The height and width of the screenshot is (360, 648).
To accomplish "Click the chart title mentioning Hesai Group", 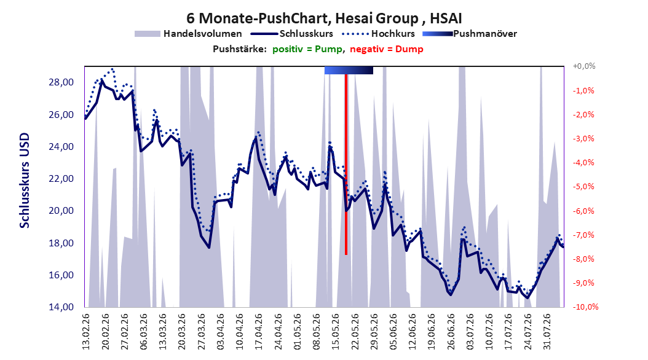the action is (x=324, y=18).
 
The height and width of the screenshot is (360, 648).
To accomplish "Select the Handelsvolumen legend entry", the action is (x=189, y=34).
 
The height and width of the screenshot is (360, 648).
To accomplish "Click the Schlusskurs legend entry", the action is (x=292, y=34).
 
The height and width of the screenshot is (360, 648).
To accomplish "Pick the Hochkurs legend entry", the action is (x=378, y=34).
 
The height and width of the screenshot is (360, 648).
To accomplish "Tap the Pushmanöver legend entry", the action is (x=470, y=34).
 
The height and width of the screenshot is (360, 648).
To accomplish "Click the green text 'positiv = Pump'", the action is (x=307, y=49).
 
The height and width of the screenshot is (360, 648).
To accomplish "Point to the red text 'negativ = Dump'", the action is (x=387, y=49).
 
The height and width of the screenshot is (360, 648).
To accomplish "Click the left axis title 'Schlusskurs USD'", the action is (x=25, y=181).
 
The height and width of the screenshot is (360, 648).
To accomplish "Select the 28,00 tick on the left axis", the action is (x=61, y=82).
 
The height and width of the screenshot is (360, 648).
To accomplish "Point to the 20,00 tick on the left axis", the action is (x=61, y=211).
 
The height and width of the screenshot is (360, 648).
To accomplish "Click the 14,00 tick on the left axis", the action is (x=61, y=307).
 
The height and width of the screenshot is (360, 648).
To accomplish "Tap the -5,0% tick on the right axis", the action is (x=583, y=187).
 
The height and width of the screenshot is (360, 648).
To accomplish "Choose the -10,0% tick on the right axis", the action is (x=585, y=307).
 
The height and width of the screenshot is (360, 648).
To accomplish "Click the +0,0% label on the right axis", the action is (x=584, y=66).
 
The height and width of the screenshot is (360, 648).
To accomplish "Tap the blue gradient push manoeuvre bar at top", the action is (x=349, y=70).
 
